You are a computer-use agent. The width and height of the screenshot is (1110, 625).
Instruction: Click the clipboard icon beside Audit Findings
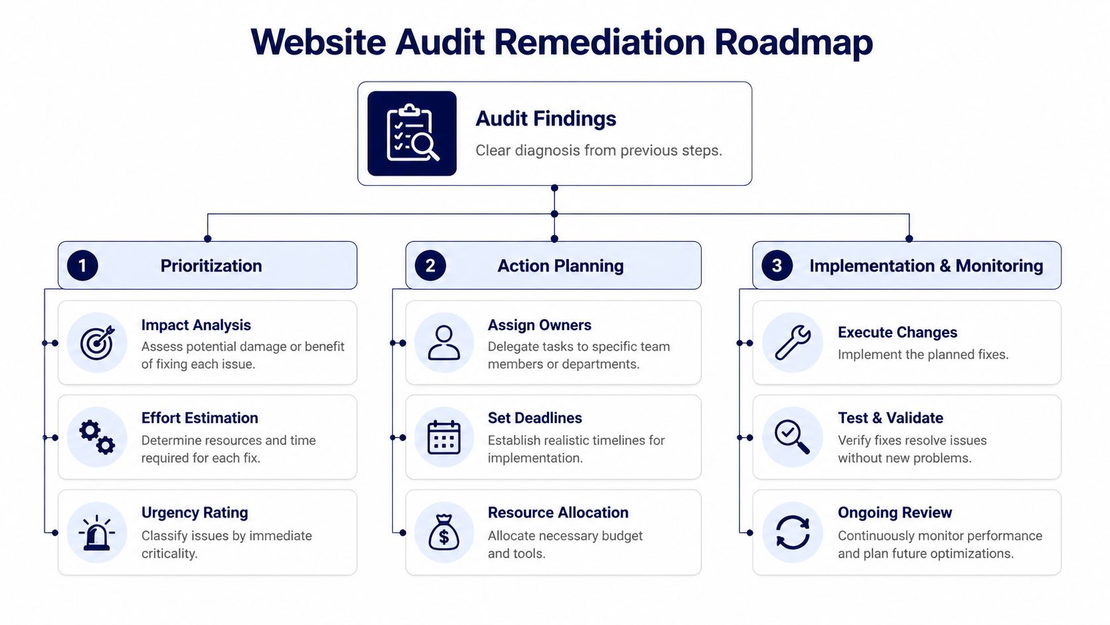tap(412, 134)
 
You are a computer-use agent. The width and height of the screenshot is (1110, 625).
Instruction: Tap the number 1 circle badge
tap(82, 266)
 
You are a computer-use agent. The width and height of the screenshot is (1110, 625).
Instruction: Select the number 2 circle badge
tap(430, 266)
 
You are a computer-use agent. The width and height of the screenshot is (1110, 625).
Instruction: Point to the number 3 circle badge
tap(777, 266)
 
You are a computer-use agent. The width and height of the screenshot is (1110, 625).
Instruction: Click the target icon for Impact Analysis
tap(97, 343)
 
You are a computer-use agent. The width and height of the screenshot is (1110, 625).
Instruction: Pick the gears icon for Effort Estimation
tap(97, 437)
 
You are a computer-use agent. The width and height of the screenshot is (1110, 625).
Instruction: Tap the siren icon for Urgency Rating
tap(97, 533)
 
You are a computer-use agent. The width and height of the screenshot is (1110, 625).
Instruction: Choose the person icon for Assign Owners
tap(444, 343)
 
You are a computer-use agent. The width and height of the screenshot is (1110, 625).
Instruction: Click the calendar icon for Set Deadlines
tap(444, 437)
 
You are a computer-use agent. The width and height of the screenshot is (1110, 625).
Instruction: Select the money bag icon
tap(444, 533)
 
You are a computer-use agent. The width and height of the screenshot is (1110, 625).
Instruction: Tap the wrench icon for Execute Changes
tap(792, 343)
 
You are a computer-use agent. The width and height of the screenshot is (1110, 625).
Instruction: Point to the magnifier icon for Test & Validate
tap(792, 437)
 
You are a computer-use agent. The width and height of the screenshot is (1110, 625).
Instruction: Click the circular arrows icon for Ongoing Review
tap(792, 533)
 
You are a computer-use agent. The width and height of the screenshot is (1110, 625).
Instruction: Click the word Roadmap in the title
tap(793, 42)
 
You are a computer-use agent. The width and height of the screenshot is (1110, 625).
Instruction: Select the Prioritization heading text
tap(211, 266)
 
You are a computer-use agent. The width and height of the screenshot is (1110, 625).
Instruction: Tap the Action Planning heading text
tap(560, 266)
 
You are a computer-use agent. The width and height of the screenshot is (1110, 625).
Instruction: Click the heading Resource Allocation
tap(558, 513)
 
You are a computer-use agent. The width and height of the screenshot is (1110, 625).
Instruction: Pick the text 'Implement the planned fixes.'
tap(923, 355)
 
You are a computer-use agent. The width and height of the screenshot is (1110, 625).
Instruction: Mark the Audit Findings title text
tap(546, 119)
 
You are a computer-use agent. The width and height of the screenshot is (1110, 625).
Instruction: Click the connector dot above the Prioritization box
tap(208, 238)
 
